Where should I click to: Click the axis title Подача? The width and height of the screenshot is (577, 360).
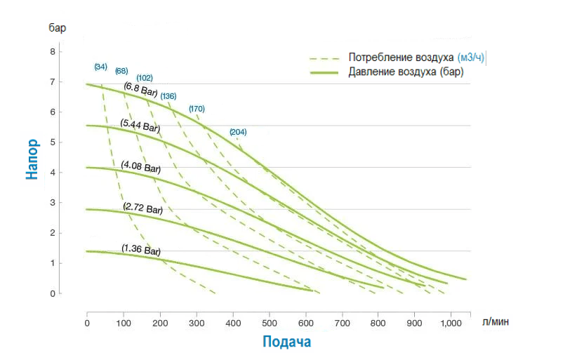pos(286,342)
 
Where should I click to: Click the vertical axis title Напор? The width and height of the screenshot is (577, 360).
pos(32,159)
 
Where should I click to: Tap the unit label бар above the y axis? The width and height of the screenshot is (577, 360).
pos(58,28)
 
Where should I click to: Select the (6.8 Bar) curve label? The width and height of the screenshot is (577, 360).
pos(140,89)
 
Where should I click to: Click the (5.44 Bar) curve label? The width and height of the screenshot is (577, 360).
pos(140,127)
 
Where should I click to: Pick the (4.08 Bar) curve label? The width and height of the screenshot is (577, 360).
pos(141,167)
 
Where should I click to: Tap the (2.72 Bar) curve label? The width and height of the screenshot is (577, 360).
pos(142,208)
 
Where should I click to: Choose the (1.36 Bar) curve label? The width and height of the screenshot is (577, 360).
pos(141,249)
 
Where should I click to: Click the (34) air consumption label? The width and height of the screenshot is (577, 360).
pos(100,67)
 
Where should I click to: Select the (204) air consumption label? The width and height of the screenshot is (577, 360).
pos(238,132)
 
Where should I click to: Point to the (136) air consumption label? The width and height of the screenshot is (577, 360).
pos(168,95)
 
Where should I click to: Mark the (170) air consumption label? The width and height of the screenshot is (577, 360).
pos(197,109)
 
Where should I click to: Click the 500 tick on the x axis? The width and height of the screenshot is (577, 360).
pos(269,324)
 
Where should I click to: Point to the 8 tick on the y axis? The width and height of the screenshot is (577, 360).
pos(51,52)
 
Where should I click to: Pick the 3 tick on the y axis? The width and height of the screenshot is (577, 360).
pos(51,203)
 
